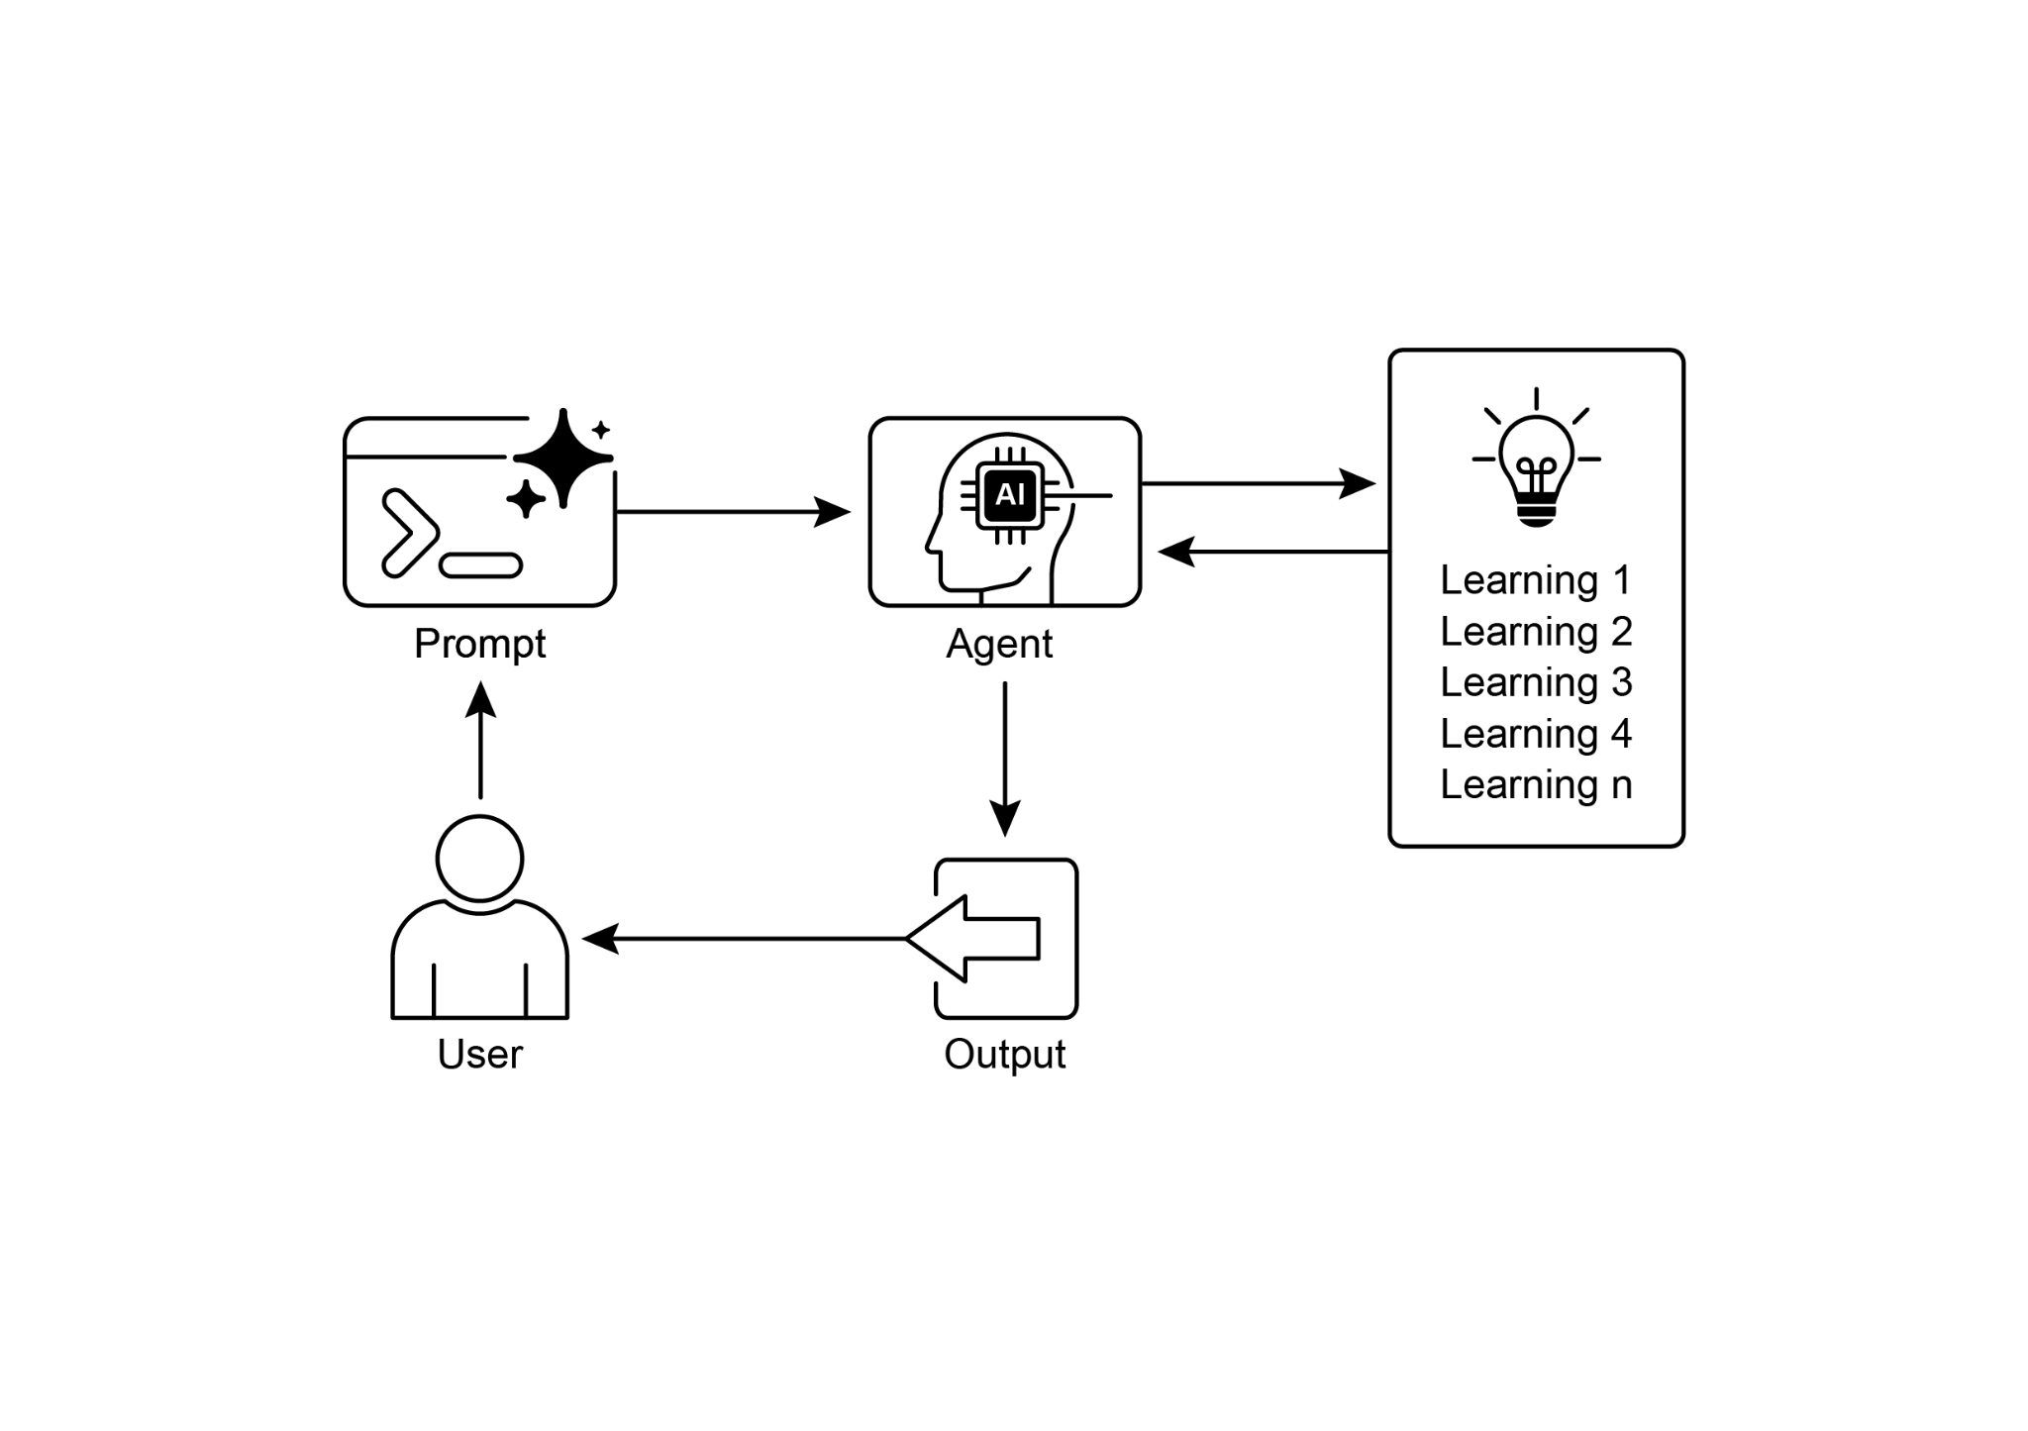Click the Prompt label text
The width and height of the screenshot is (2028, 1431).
coord(479,645)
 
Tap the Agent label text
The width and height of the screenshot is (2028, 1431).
coord(998,645)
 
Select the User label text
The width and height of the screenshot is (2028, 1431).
coord(479,1054)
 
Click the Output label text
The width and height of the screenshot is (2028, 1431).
coord(1004,1054)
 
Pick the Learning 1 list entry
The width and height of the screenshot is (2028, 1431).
coord(1535,580)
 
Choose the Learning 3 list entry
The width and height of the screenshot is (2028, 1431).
coord(1535,682)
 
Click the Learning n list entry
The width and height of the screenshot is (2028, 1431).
coord(1535,784)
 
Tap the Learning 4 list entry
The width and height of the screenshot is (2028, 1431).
coord(1535,734)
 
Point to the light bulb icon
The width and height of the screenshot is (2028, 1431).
coord(1535,465)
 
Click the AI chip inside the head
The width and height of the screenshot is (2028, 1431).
coord(1009,494)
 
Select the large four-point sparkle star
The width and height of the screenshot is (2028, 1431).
coord(562,458)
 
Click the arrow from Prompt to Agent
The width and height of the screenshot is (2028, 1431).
coord(733,512)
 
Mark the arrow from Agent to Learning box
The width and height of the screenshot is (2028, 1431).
coord(1258,483)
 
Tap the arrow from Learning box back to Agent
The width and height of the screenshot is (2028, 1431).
coord(1272,552)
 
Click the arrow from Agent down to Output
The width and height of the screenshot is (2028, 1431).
coord(1004,758)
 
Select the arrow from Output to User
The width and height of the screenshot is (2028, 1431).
coord(743,938)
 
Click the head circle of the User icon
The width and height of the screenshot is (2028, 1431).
coord(479,858)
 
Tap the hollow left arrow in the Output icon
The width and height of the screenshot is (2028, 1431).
coord(974,938)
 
